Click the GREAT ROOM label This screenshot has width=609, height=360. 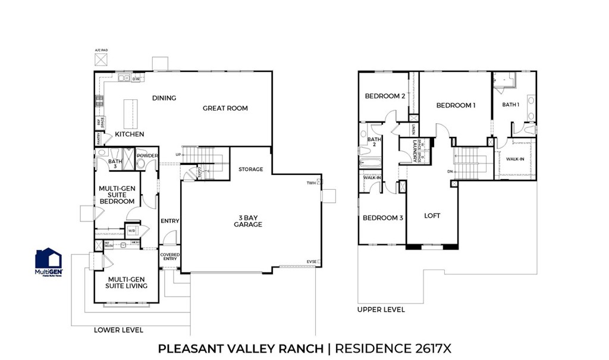pos(225,108)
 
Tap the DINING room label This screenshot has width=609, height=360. pos(164,98)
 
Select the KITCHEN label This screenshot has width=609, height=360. pos(130,134)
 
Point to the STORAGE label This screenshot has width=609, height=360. pos(251,170)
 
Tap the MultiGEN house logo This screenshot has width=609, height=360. pos(49,259)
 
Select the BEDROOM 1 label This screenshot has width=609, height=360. pos(456,105)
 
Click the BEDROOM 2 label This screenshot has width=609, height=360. pos(385,96)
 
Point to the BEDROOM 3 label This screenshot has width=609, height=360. pos(383,218)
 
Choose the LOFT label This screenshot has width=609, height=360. pos(432,215)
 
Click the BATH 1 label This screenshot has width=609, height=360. pos(511,105)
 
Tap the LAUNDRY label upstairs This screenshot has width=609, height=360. pos(413,151)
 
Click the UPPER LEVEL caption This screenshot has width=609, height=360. pos(381,309)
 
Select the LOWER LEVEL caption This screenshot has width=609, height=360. pos(118,330)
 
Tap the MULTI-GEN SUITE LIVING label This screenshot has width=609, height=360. pos(126,282)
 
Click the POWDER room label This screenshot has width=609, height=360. pos(147,156)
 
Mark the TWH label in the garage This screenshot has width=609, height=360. pos(311,182)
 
